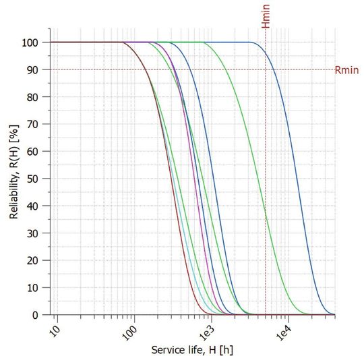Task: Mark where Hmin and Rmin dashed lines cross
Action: point(266,69)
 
